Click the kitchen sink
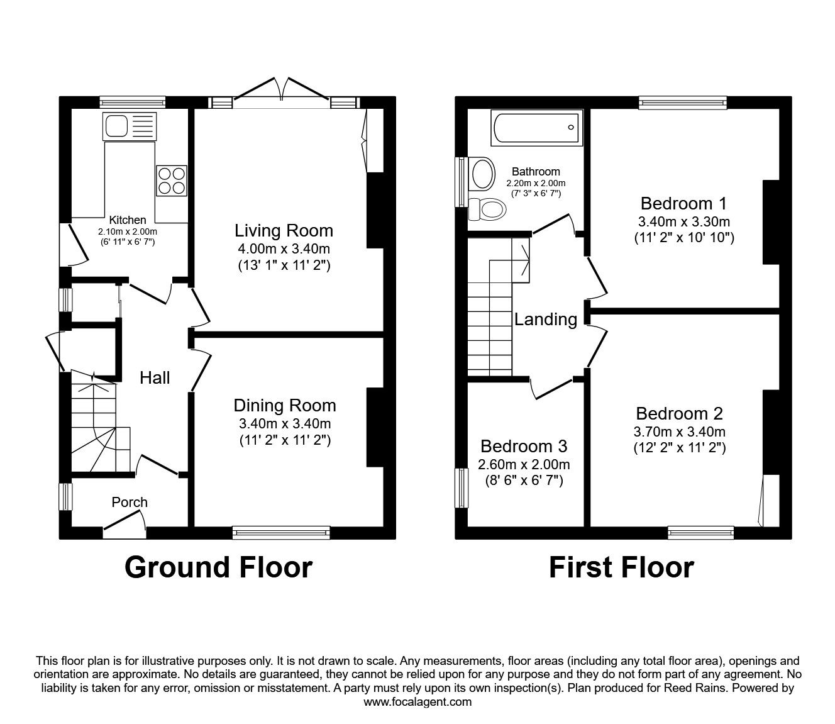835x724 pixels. [129, 127]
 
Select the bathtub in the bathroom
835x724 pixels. [536, 127]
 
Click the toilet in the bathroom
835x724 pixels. [488, 208]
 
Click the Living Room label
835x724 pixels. [284, 230]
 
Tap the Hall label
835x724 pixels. [155, 377]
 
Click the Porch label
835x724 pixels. [130, 502]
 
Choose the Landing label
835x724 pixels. [545, 320]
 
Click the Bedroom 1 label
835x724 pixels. [683, 203]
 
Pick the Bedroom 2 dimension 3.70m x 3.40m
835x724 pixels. [680, 432]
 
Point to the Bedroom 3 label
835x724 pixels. [523, 446]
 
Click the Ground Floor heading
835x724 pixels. [218, 567]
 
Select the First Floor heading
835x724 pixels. [621, 567]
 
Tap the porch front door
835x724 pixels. [124, 522]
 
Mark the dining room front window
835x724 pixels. [281, 533]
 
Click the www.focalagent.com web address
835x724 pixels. [418, 702]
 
